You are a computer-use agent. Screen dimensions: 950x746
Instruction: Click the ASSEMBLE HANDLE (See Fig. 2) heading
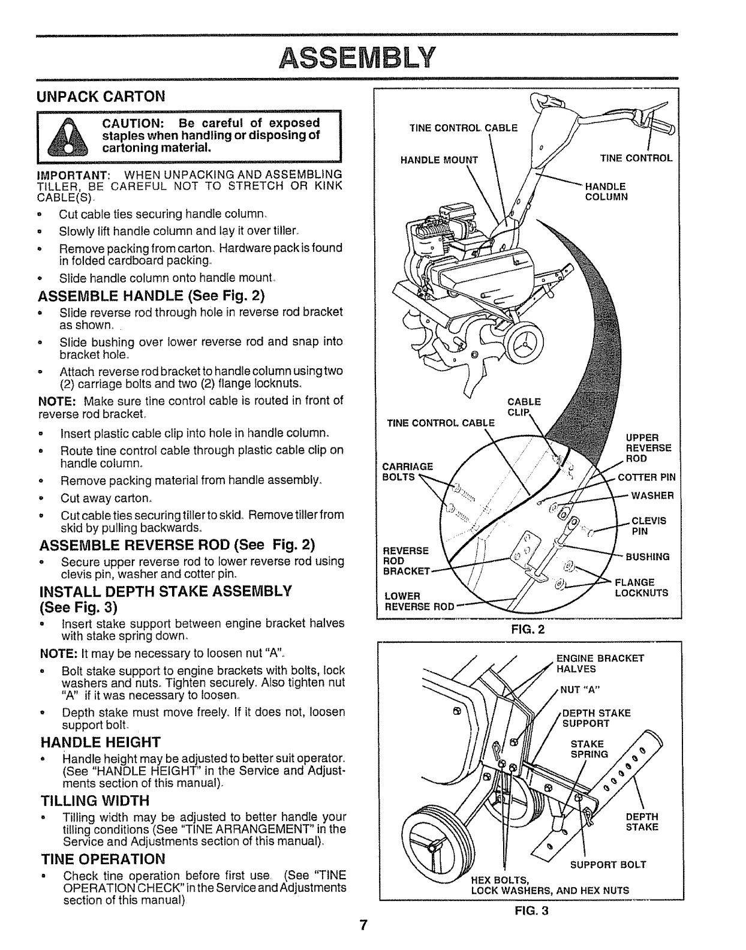coord(151,296)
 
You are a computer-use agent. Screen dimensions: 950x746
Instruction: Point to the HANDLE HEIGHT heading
coord(100,741)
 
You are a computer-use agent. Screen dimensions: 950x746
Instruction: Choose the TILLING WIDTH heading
coord(94,801)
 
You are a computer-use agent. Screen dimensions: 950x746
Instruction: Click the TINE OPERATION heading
coord(102,859)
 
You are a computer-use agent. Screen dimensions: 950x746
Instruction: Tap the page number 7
coord(363,924)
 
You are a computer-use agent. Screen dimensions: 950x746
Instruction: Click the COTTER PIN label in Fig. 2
coord(646,477)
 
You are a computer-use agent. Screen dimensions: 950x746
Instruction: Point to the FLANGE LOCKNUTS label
coord(642,587)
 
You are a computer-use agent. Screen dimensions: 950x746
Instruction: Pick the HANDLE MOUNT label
coord(439,160)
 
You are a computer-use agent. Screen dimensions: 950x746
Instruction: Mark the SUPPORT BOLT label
coord(607,864)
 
